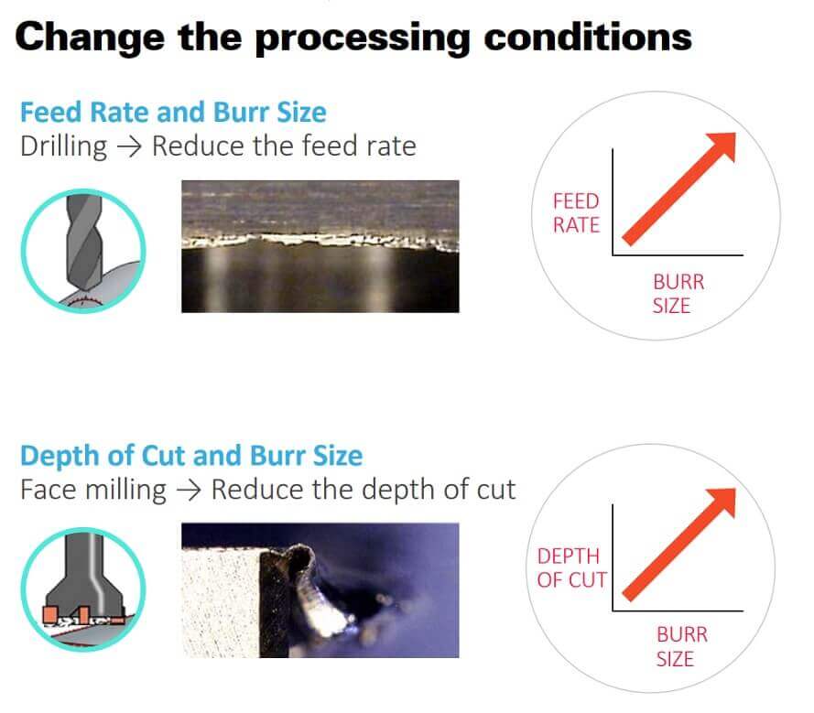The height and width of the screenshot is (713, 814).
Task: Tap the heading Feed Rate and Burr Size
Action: click(x=173, y=113)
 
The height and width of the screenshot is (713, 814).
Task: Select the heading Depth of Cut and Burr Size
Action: click(x=191, y=456)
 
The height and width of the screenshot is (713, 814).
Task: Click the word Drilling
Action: click(x=63, y=146)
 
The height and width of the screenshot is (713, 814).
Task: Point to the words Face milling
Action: click(x=93, y=489)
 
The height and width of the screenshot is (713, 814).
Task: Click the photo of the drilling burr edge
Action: click(x=320, y=246)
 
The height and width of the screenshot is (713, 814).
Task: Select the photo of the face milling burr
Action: click(x=320, y=589)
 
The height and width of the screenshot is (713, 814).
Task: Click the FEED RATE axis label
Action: click(x=575, y=212)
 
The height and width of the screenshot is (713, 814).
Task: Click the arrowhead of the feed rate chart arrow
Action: click(x=725, y=143)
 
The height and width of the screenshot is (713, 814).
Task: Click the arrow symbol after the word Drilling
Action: click(x=129, y=146)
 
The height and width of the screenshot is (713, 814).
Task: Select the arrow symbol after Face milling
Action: click(x=189, y=490)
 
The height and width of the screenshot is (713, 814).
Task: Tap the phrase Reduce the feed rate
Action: click(x=284, y=146)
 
